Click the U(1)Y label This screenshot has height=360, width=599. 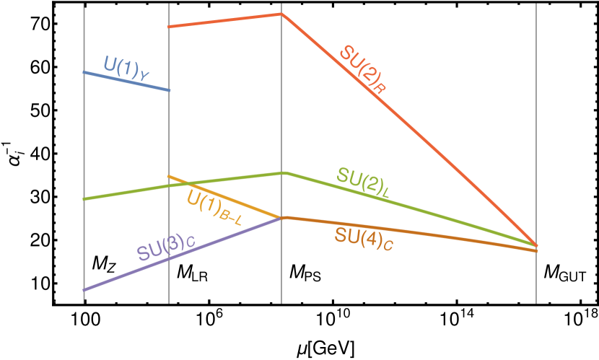(127, 66)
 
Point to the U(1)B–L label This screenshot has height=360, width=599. (214, 207)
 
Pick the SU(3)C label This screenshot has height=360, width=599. (165, 247)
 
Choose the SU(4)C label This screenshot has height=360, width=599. (363, 237)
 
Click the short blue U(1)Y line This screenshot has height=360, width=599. (126, 81)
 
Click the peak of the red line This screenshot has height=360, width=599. (281, 14)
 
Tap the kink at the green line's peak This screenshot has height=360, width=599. (283, 172)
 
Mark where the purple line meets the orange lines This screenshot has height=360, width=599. (281, 217)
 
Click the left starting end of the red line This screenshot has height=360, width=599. (169, 27)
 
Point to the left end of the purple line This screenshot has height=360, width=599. (84, 289)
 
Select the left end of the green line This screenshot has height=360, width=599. (84, 198)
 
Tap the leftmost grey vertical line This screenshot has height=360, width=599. (84, 144)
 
